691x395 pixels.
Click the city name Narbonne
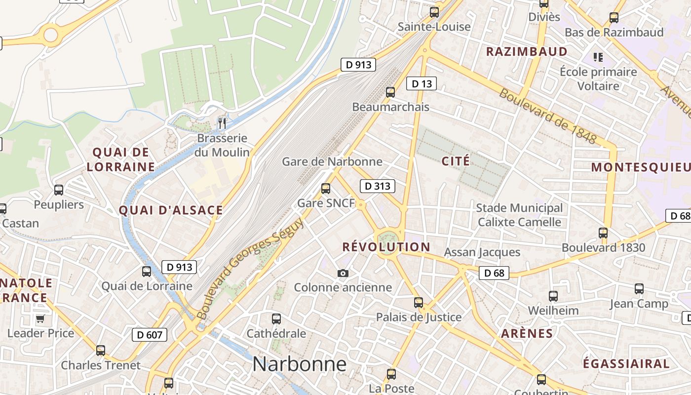click(x=300, y=364)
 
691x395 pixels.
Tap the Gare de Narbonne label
click(x=332, y=161)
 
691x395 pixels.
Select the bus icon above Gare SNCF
click(x=325, y=188)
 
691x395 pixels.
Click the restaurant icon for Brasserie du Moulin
click(x=222, y=123)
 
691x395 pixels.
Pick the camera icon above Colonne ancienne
click(x=343, y=273)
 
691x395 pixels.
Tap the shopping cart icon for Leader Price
click(x=40, y=318)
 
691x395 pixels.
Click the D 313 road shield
click(x=378, y=186)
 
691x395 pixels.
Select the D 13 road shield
click(x=422, y=84)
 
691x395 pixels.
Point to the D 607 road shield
click(x=150, y=335)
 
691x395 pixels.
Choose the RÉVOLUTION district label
click(x=386, y=247)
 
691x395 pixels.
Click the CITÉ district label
click(x=456, y=161)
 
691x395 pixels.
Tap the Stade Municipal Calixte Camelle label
click(x=519, y=215)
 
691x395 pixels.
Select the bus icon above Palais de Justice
click(x=419, y=302)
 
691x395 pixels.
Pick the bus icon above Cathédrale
click(x=276, y=319)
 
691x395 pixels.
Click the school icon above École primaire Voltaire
click(x=598, y=57)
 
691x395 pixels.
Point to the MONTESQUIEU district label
click(x=641, y=167)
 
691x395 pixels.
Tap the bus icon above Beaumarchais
click(x=390, y=92)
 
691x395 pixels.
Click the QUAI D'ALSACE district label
click(x=171, y=210)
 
